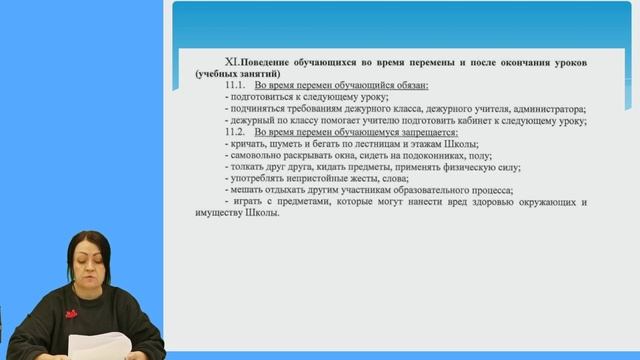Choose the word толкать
[x=248, y=167]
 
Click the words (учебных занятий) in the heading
[x=239, y=74]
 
